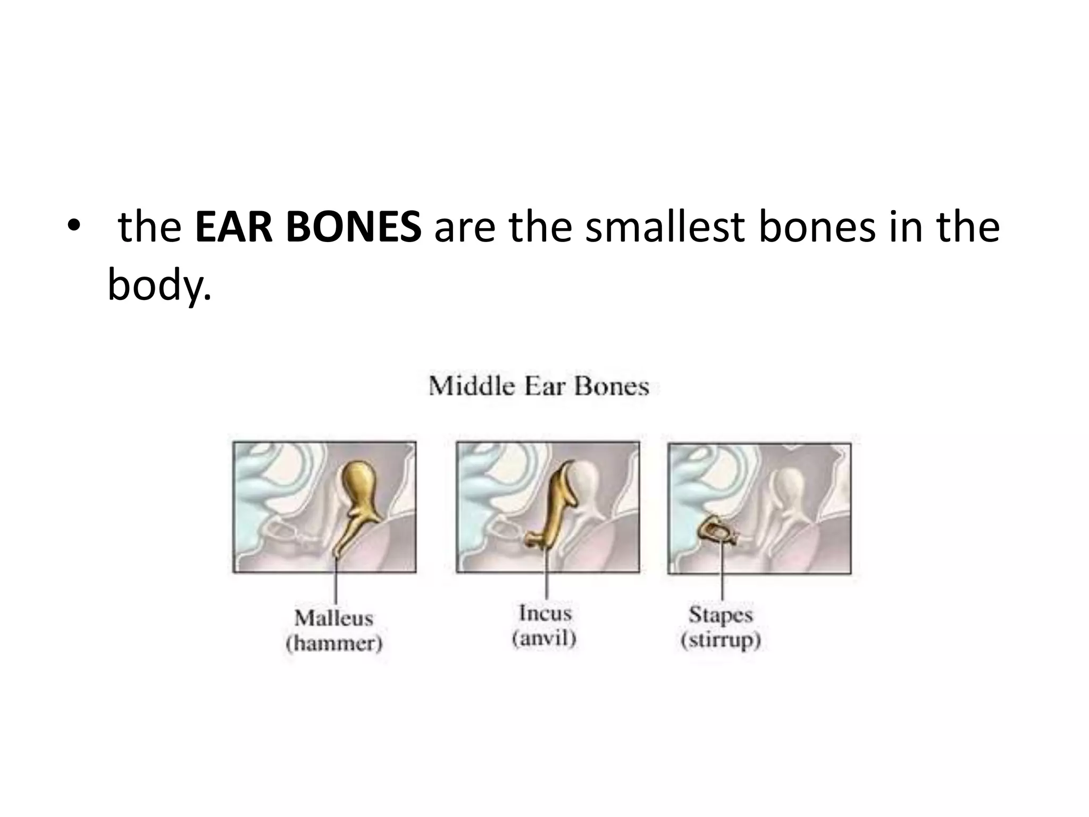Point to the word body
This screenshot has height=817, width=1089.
click(158, 285)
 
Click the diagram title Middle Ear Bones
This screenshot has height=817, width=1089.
click(539, 386)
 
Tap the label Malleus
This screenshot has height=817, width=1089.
click(334, 618)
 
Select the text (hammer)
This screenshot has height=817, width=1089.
click(334, 644)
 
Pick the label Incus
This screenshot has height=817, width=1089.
click(545, 613)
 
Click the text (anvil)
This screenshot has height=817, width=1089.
click(544, 638)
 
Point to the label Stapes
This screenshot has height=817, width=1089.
click(721, 614)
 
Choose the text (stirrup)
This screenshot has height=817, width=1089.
click(721, 640)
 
